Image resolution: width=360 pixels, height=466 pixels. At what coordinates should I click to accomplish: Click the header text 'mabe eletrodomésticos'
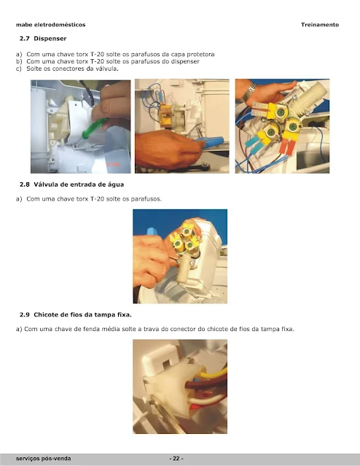click(51, 25)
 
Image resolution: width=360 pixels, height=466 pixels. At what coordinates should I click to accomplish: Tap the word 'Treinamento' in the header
click(320, 25)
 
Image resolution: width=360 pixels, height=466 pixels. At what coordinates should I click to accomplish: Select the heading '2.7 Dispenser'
click(43, 39)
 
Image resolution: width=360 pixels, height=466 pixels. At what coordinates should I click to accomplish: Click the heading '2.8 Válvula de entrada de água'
click(71, 185)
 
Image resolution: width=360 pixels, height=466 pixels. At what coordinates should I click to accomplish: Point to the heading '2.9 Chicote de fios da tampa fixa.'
click(76, 315)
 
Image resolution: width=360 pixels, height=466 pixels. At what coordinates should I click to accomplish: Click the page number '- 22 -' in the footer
click(176, 458)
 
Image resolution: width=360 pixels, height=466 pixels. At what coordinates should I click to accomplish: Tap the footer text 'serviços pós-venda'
click(44, 459)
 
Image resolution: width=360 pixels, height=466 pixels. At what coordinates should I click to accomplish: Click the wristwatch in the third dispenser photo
click(249, 91)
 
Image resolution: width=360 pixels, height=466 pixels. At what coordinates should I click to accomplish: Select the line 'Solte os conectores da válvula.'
click(72, 69)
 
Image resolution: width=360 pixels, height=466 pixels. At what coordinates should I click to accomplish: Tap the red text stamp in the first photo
click(113, 164)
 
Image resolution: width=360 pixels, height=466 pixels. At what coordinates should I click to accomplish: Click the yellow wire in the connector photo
click(213, 373)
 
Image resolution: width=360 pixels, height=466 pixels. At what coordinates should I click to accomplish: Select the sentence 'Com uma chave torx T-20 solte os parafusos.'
click(94, 199)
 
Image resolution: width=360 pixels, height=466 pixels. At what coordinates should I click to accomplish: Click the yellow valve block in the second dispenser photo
click(166, 116)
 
